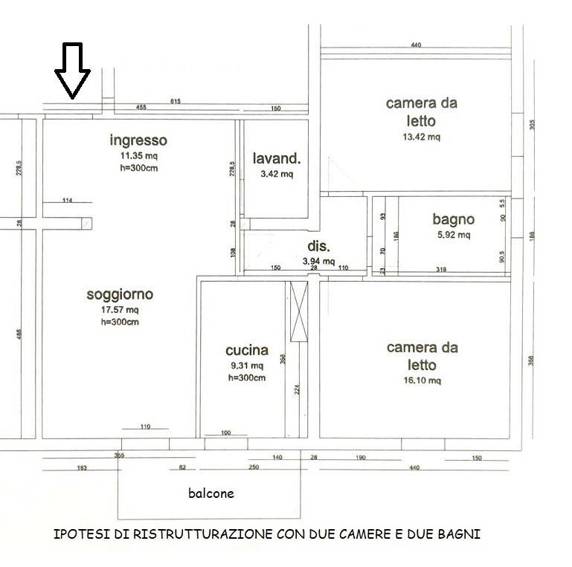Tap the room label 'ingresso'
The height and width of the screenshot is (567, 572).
pos(138,140)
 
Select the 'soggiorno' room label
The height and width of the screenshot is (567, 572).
pos(120,295)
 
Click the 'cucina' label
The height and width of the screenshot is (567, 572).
pos(245,351)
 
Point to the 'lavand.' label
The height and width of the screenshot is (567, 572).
pos(277,158)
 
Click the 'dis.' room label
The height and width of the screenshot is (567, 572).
pos(318,246)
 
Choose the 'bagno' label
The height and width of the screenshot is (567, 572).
pos(453,219)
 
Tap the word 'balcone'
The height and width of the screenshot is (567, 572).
pos(211,492)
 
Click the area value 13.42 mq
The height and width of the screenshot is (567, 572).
pos(421,137)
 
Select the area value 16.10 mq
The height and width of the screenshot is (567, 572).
pos(422,380)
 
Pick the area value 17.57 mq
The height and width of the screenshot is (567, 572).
pos(120,310)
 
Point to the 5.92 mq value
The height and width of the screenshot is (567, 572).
pos(453,235)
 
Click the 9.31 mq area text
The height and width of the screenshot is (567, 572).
pos(245,366)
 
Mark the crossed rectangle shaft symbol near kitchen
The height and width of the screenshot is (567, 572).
pos(298,312)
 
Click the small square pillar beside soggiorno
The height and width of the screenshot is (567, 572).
pos(86,223)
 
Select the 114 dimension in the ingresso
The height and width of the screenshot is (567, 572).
pos(67,199)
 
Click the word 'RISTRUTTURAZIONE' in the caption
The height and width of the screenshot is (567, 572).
pos(206,534)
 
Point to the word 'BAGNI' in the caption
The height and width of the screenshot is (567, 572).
pos(461,534)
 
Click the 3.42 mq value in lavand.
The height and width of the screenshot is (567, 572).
pos(277,175)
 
